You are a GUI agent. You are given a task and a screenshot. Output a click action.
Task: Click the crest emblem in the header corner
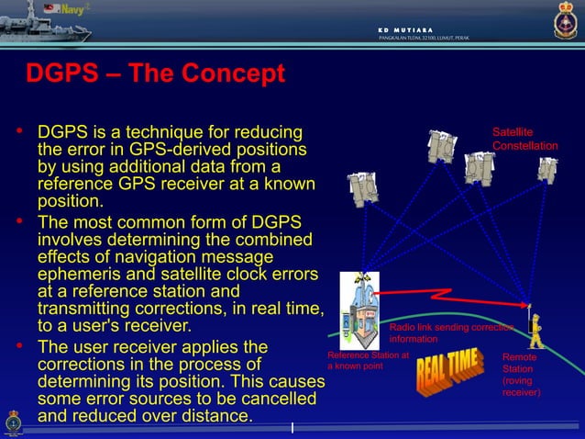[x=566, y=19]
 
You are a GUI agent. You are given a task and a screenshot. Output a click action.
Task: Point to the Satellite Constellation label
[x=524, y=140]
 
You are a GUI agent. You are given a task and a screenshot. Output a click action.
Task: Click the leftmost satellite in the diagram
[x=362, y=188]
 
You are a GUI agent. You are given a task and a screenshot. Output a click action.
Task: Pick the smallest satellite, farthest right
[x=547, y=170]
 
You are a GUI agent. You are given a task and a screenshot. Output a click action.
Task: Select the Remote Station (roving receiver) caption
[x=521, y=375]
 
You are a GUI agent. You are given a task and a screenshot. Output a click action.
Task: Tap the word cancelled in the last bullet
[x=272, y=400]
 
